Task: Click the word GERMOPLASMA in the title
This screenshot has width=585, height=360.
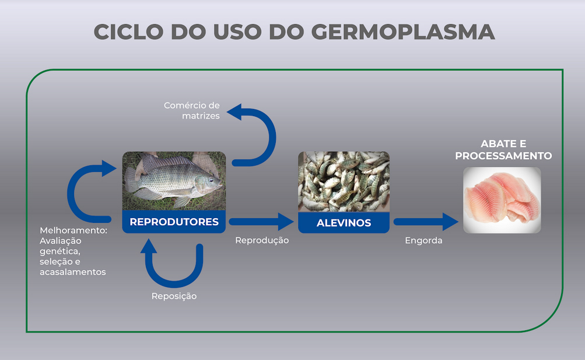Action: (x=403, y=32)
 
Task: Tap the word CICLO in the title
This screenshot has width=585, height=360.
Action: (x=128, y=32)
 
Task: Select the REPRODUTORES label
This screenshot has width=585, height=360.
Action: (x=174, y=222)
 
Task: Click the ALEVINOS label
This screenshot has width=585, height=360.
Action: (x=344, y=223)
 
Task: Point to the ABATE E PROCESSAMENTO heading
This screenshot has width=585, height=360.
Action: (x=503, y=149)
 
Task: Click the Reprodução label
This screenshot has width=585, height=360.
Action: (x=262, y=240)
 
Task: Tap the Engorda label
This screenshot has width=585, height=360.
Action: (x=423, y=240)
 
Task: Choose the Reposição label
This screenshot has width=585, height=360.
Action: (x=174, y=296)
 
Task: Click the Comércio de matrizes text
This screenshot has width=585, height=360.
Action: (x=192, y=110)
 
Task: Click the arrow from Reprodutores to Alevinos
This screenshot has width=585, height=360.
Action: (x=261, y=222)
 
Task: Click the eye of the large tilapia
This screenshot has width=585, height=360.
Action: (x=212, y=180)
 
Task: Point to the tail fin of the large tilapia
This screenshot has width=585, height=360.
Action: (x=131, y=180)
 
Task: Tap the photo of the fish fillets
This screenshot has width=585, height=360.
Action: (x=502, y=200)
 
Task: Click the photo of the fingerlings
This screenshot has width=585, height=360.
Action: (x=344, y=181)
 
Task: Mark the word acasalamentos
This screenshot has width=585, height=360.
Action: (x=73, y=272)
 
